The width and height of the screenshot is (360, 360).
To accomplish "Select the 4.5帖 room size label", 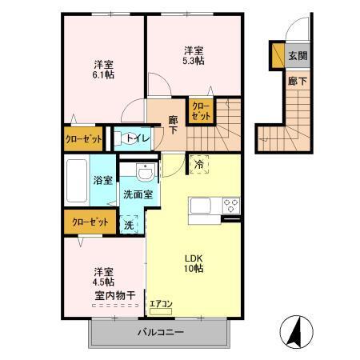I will pos(102,282).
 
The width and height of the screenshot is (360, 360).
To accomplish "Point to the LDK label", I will pos(195,258).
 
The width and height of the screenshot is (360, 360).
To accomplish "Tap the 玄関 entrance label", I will pos(298,56).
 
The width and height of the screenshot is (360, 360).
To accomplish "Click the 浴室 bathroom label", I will pos(102,181).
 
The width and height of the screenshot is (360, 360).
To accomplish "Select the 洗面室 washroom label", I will pos(138,194).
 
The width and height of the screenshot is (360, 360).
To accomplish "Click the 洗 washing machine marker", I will pos(128,225).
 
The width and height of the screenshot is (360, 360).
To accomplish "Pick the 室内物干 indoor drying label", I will pos(114,295).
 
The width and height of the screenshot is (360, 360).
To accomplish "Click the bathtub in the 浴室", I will pos(78,182).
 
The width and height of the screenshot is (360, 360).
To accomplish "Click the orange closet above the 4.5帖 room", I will pos(90,222).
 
